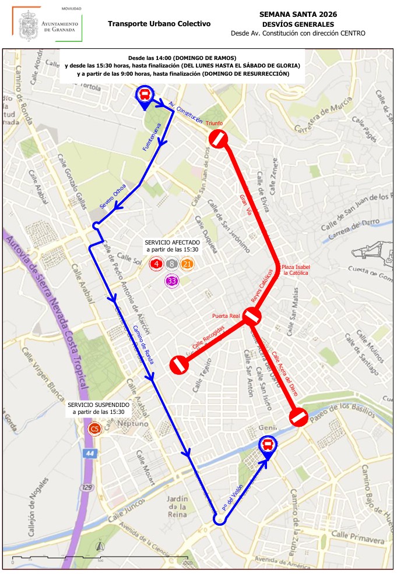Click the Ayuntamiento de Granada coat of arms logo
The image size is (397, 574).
[x=27, y=25]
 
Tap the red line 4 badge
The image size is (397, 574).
[x=156, y=264]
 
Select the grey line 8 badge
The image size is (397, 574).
[x=171, y=264]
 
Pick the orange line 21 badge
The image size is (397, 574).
[x=187, y=264]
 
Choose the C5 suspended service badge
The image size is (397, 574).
[x=94, y=430]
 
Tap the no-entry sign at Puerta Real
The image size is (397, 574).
[x=252, y=317]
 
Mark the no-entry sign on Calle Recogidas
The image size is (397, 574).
[x=178, y=365]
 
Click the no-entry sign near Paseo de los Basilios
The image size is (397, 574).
[x=298, y=417]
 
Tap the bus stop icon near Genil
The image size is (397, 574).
[x=268, y=445]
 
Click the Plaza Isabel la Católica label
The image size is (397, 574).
[x=297, y=270]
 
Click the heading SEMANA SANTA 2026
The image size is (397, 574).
[x=298, y=14]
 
